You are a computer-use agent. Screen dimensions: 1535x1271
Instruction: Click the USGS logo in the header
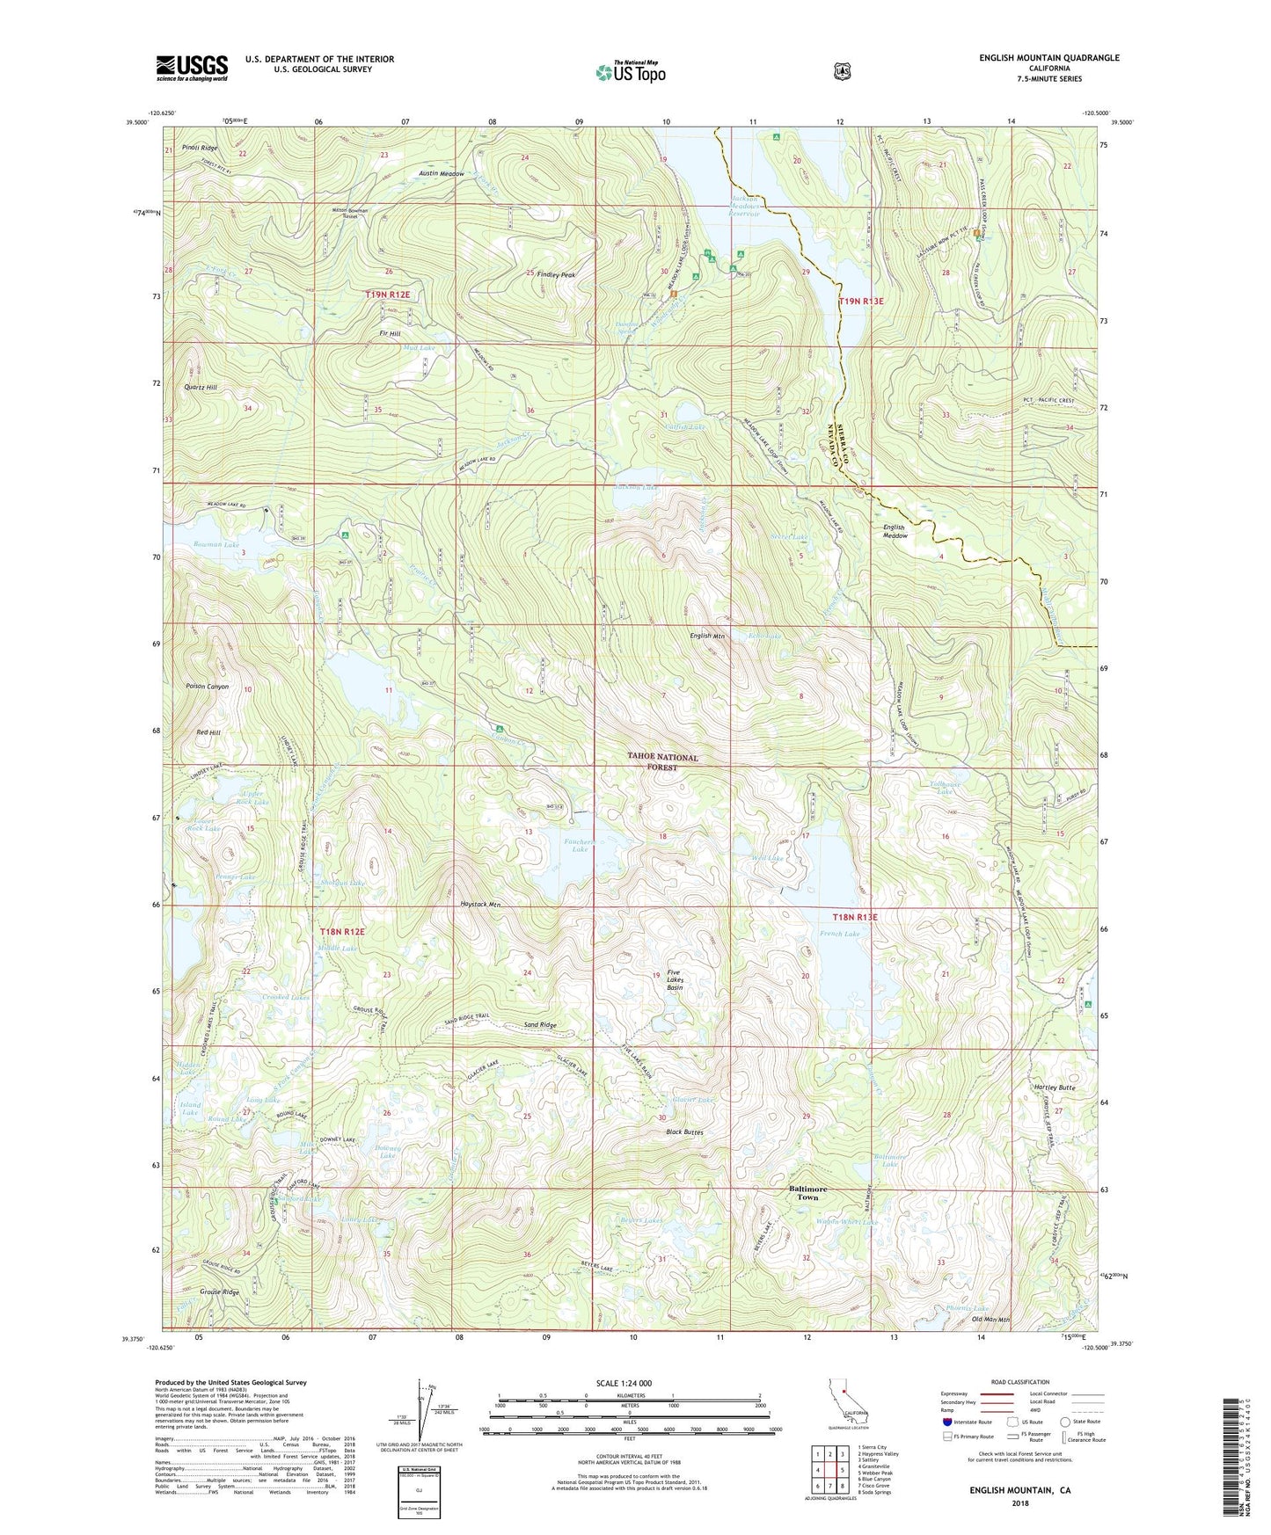pos(192,68)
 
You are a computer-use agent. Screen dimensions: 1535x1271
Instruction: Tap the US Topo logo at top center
pos(630,72)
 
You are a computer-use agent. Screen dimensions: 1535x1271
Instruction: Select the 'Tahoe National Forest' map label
pos(662,761)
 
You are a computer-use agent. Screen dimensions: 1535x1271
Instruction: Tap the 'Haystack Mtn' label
pos(480,904)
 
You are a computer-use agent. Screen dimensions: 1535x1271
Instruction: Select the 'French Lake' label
pos(839,934)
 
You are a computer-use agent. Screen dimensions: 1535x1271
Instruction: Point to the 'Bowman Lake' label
pos(215,545)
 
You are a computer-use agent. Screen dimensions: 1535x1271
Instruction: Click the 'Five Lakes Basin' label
pos(675,980)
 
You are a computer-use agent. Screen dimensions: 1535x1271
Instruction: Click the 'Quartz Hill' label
pos(201,387)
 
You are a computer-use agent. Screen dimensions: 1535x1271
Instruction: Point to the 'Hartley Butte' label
pos(1056,1088)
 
